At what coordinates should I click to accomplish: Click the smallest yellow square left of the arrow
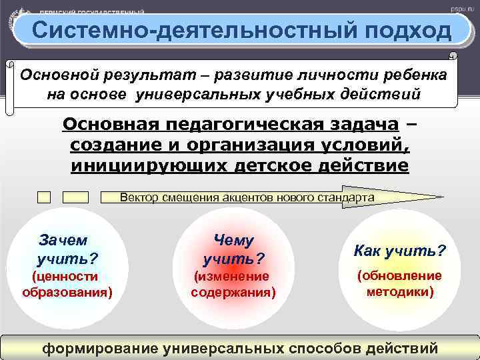click(x=44, y=197)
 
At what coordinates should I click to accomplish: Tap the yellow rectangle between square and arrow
click(x=75, y=197)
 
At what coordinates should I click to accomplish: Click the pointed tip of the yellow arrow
click(x=441, y=197)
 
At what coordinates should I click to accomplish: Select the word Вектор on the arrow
click(x=136, y=197)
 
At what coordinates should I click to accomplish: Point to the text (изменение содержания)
click(x=233, y=283)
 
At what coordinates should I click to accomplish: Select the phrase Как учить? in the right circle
click(x=399, y=251)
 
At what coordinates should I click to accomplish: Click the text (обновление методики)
click(x=399, y=283)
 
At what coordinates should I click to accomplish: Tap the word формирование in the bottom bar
click(x=101, y=348)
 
